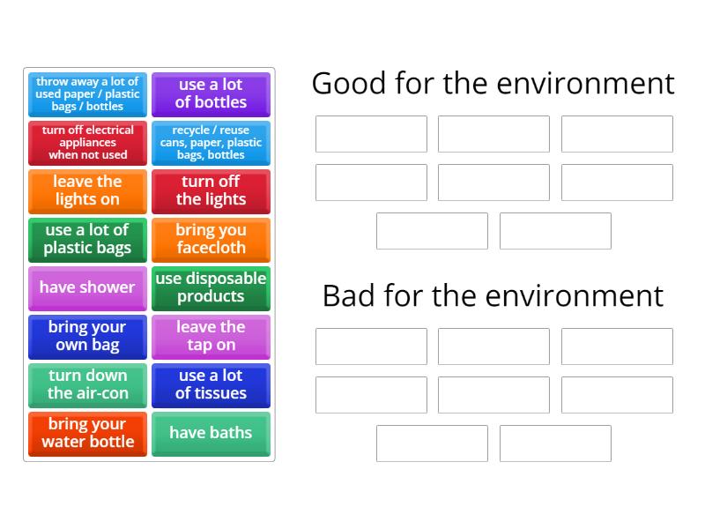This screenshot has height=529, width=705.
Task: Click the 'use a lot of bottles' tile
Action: [211, 93]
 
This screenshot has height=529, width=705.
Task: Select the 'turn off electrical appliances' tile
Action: [87, 142]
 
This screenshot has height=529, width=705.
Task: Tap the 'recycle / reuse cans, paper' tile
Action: [211, 142]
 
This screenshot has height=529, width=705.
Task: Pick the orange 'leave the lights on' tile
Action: [87, 190]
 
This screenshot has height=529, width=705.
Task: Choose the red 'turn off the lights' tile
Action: [211, 190]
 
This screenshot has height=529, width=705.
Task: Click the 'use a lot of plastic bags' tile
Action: [87, 239]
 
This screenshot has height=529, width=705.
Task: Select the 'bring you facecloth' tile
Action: [211, 239]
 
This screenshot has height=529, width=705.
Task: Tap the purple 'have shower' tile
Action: [87, 287]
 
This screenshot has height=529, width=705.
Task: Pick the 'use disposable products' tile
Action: [211, 287]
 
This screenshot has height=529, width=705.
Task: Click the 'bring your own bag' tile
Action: [87, 336]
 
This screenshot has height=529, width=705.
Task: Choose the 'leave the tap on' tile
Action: [211, 336]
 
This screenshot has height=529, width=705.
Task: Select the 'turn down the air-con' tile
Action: [87, 384]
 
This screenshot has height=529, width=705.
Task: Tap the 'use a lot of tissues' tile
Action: [211, 384]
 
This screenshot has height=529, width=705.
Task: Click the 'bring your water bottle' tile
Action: [87, 433]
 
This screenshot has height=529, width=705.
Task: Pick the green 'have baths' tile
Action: [211, 433]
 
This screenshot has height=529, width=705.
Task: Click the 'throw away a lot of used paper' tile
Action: [87, 93]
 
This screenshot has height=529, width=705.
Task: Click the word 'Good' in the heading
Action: [350, 84]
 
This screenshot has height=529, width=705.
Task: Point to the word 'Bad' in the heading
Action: [350, 295]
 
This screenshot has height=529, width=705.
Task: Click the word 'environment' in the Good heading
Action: [583, 84]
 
